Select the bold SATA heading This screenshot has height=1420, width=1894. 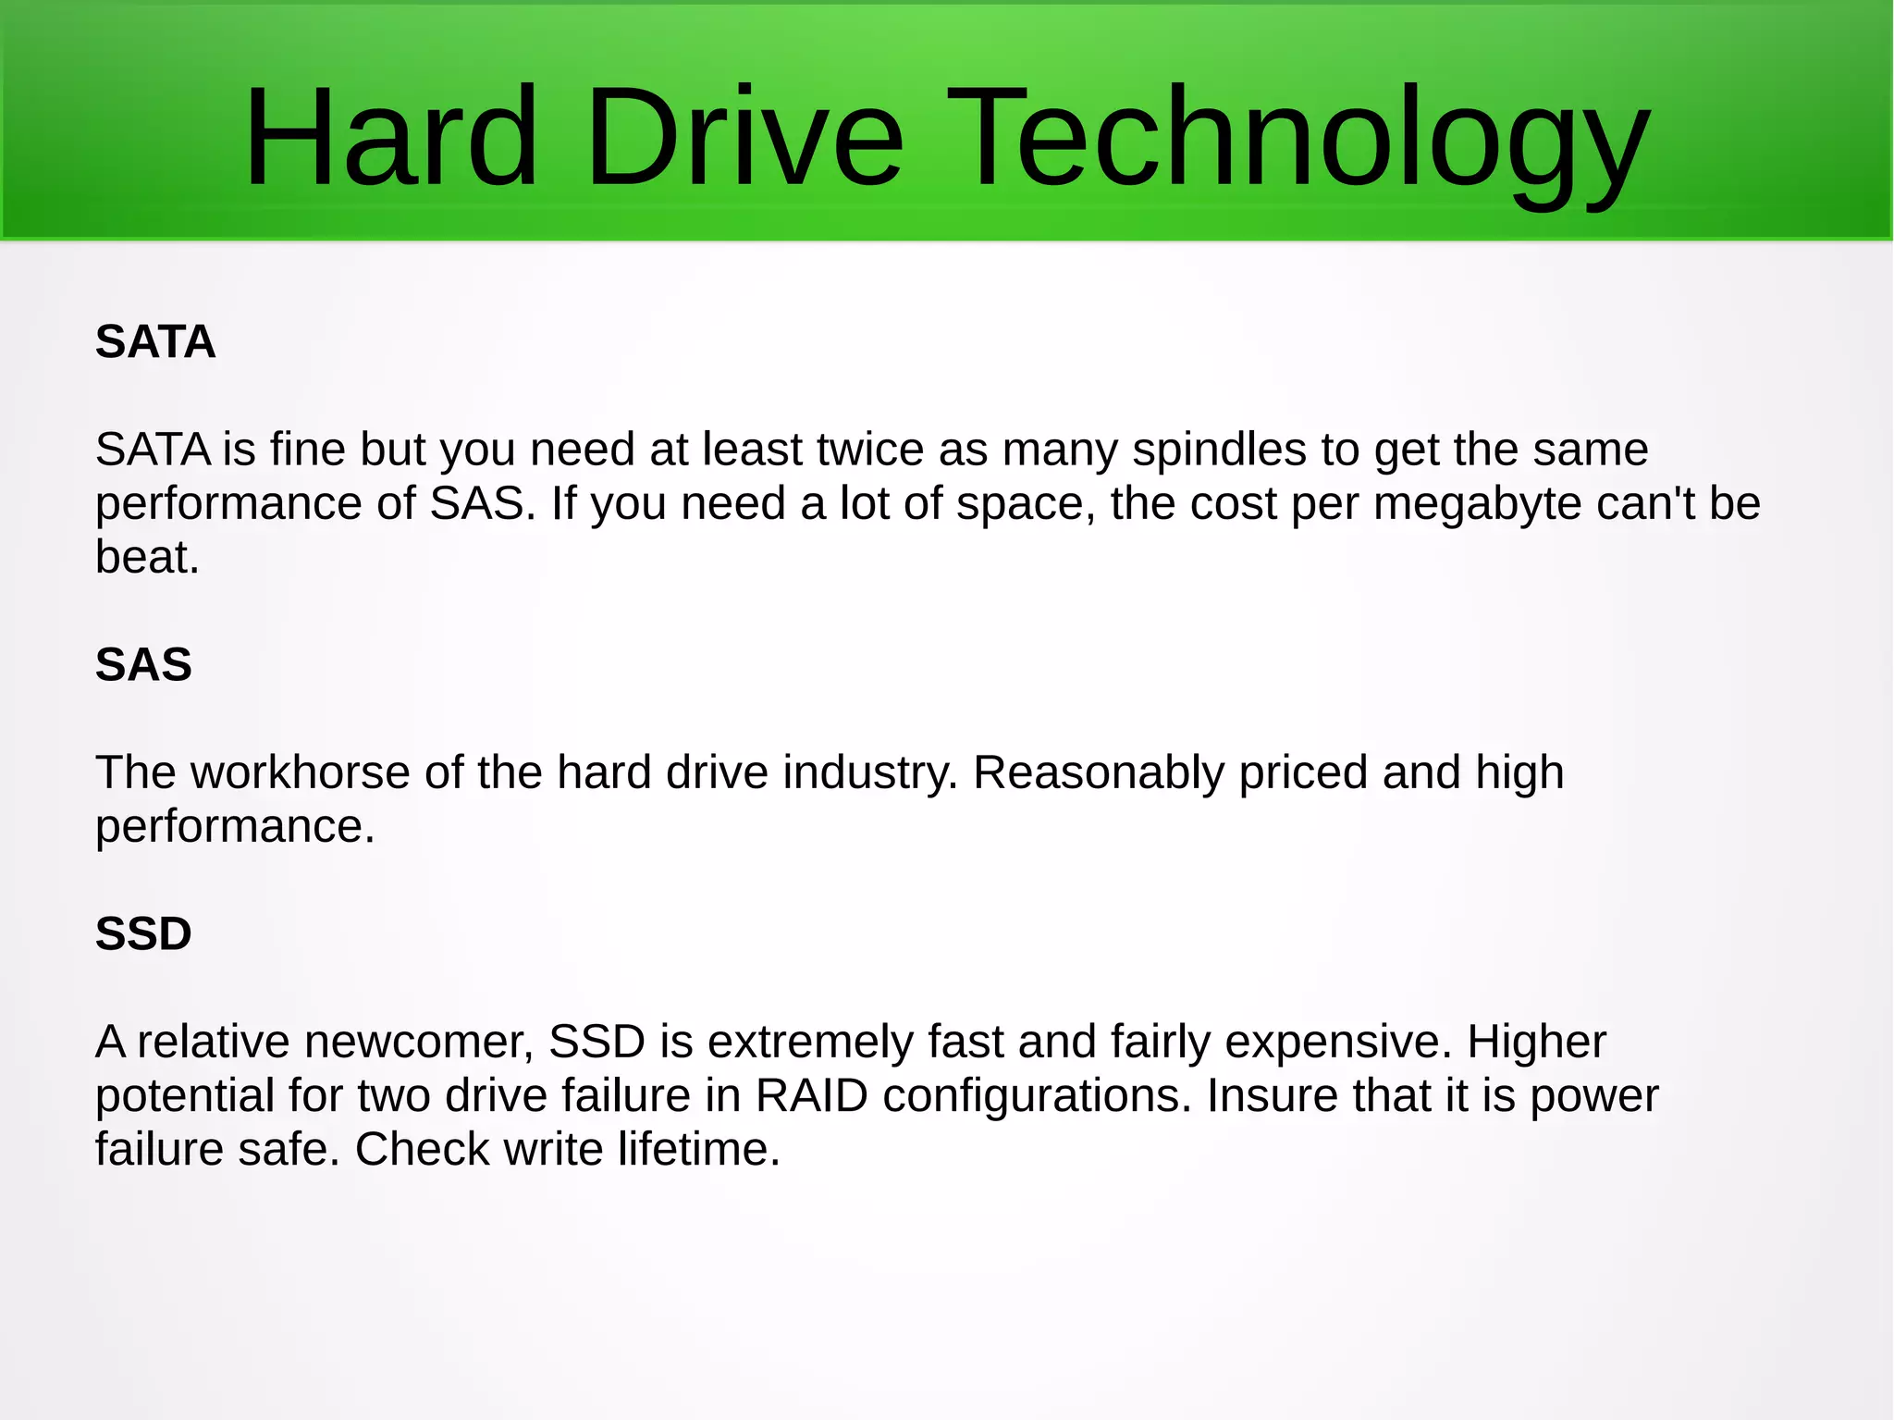155,342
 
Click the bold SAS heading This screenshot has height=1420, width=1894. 143,665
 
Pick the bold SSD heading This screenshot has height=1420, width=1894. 143,934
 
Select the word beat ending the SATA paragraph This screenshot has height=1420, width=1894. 146,558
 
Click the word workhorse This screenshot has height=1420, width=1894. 300,772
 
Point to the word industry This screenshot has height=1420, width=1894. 870,773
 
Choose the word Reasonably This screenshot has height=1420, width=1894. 1099,773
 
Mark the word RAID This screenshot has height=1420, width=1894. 811,1096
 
